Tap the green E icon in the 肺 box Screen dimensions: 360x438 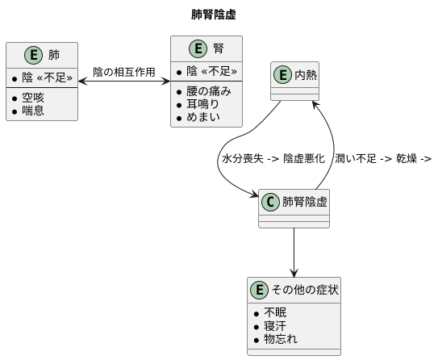coord(33,56)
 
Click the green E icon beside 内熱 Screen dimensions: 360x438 coord(282,74)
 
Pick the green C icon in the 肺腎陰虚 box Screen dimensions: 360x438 coord(270,202)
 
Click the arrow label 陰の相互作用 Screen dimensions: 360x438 coord(124,73)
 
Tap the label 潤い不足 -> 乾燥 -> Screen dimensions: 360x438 coord(382,158)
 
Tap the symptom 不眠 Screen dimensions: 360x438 coord(275,312)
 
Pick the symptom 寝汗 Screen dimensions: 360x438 coord(275,326)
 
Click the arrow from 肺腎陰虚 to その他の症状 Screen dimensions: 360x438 coord(294,250)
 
